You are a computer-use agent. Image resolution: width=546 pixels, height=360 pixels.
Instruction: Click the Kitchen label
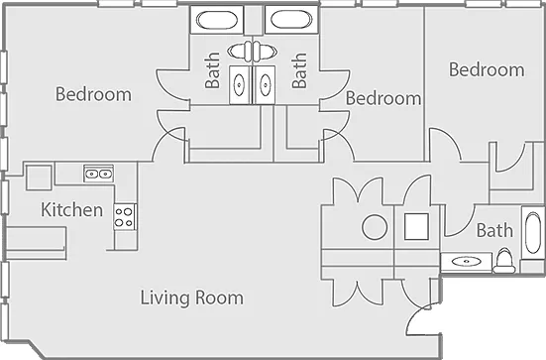point(71,209)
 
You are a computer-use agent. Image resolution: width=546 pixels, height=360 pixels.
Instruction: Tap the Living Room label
point(192,298)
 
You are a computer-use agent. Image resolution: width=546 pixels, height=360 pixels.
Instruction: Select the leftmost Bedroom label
point(93,94)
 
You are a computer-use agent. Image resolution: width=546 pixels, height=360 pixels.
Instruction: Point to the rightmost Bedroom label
point(487,69)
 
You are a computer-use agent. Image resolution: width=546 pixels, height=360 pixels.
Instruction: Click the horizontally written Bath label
point(494,230)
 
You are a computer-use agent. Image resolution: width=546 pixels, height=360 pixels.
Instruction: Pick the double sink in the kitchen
point(98,174)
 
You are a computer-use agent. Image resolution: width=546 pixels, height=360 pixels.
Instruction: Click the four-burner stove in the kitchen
point(124,217)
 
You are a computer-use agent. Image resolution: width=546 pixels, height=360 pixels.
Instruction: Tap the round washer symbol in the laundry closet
point(375,226)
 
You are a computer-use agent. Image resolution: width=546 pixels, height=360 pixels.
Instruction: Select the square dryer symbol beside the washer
point(416,226)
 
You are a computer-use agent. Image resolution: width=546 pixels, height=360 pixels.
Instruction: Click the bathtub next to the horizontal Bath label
point(533,233)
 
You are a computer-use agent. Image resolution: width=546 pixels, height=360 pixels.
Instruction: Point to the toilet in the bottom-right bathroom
point(503,261)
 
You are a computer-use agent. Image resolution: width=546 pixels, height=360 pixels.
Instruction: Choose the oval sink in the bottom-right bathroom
point(466,261)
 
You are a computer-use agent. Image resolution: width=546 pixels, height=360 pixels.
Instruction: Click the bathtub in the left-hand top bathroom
point(217,20)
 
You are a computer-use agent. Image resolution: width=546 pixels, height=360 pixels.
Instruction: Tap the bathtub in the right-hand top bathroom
point(291,20)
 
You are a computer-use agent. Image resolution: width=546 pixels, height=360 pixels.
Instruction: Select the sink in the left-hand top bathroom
point(239,84)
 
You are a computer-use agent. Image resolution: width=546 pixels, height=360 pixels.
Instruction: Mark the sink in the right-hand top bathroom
point(265,84)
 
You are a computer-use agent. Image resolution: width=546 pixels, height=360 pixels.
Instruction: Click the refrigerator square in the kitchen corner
point(39,178)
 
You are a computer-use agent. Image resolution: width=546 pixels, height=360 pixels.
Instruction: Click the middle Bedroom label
point(383,98)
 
